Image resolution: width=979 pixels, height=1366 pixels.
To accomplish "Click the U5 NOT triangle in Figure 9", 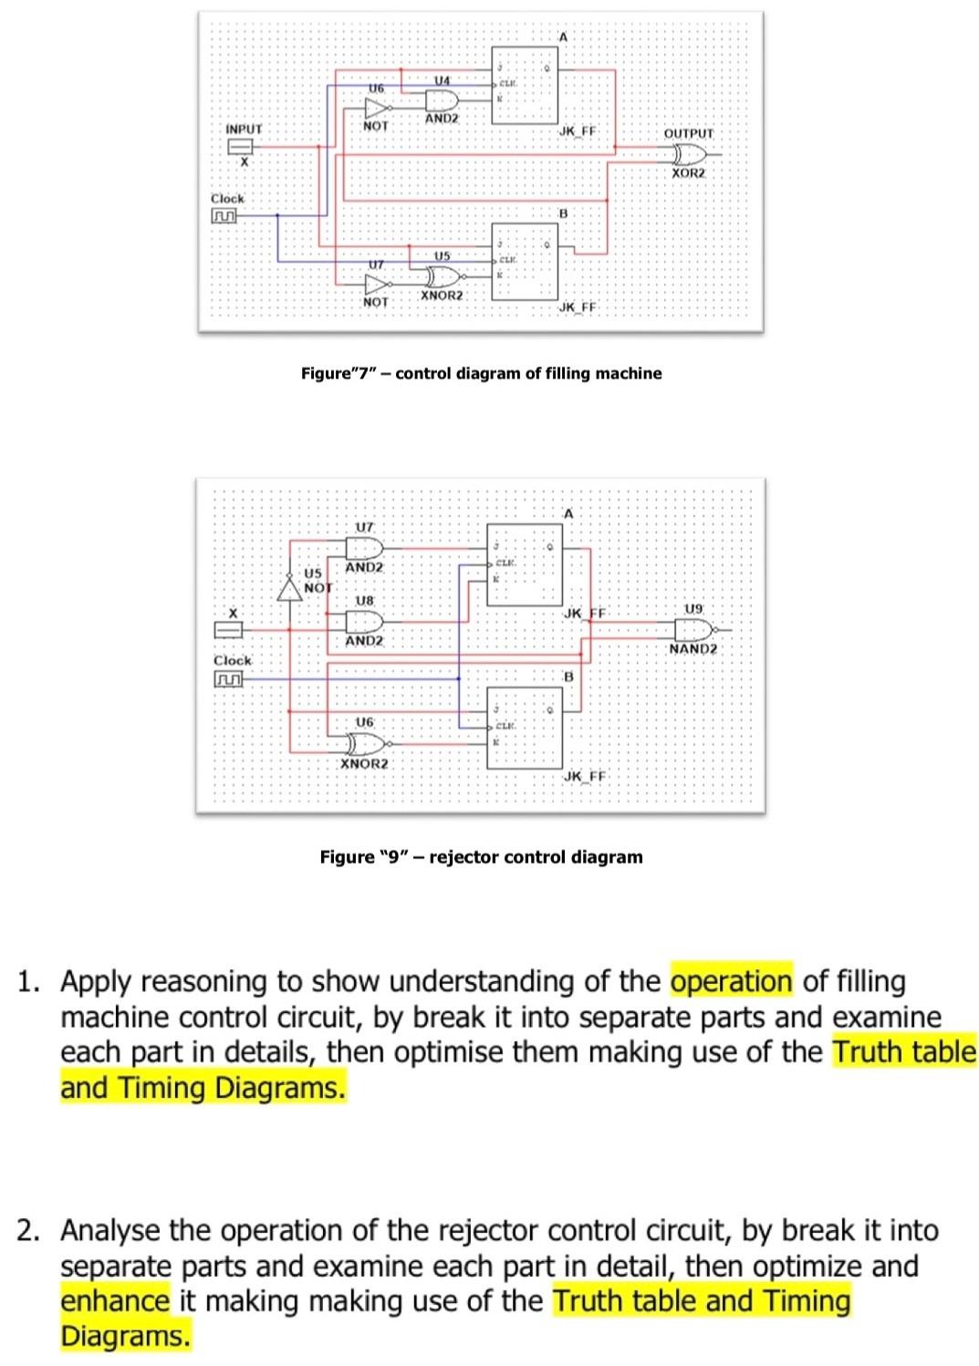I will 290,589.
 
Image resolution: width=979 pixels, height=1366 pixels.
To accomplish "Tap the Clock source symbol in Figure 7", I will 224,216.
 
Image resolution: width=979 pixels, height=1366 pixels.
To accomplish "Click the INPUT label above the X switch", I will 244,129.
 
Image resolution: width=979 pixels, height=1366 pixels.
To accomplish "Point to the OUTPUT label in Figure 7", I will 689,133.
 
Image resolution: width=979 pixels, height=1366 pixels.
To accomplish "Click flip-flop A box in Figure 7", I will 525,85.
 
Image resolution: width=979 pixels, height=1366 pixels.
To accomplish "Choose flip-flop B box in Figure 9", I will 524,729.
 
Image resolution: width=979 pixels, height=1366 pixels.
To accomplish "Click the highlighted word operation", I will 732,981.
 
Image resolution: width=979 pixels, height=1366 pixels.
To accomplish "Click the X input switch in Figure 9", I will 230,629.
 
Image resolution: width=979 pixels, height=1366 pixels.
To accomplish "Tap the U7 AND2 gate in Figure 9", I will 365,547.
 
